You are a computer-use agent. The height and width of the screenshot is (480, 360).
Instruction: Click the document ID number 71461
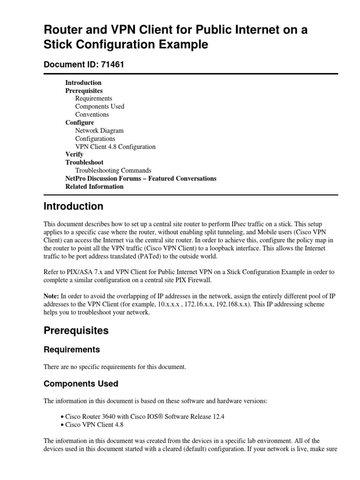(112, 65)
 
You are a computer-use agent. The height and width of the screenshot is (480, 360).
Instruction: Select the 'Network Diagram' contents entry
(99, 131)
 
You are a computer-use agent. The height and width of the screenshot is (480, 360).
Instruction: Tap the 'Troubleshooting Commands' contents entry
(113, 171)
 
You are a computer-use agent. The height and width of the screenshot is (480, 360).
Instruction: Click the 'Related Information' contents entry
(94, 187)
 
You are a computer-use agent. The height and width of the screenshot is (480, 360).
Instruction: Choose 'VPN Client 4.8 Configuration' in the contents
(115, 147)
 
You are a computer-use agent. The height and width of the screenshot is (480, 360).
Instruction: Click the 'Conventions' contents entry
(92, 114)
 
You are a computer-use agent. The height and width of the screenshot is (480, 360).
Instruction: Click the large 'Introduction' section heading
(73, 207)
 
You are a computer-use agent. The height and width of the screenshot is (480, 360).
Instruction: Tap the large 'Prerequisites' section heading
(76, 330)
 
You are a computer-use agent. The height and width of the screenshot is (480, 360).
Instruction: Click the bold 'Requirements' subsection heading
(71, 350)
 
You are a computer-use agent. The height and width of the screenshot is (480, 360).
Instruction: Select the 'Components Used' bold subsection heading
(81, 384)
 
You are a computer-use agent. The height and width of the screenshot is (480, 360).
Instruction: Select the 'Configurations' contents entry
(95, 139)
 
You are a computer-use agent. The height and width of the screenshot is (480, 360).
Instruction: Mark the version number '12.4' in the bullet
(218, 417)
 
